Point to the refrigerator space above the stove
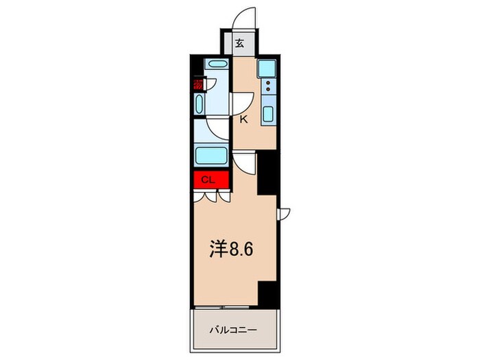(267, 68)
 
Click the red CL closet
(211, 180)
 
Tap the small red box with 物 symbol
(198, 85)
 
